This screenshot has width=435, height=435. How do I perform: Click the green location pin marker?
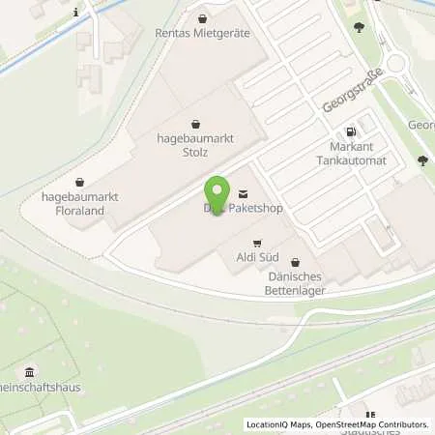click(217, 196)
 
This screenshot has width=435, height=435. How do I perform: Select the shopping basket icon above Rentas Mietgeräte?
click(202, 17)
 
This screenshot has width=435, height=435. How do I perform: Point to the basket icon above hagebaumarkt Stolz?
click(197, 123)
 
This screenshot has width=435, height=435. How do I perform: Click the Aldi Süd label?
click(257, 257)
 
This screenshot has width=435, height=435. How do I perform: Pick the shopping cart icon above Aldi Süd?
click(257, 243)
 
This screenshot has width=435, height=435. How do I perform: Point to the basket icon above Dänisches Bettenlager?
click(295, 262)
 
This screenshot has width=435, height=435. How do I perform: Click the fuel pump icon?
click(351, 131)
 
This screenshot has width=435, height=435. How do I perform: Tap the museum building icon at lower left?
click(30, 372)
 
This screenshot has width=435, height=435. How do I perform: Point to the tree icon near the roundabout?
click(360, 27)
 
